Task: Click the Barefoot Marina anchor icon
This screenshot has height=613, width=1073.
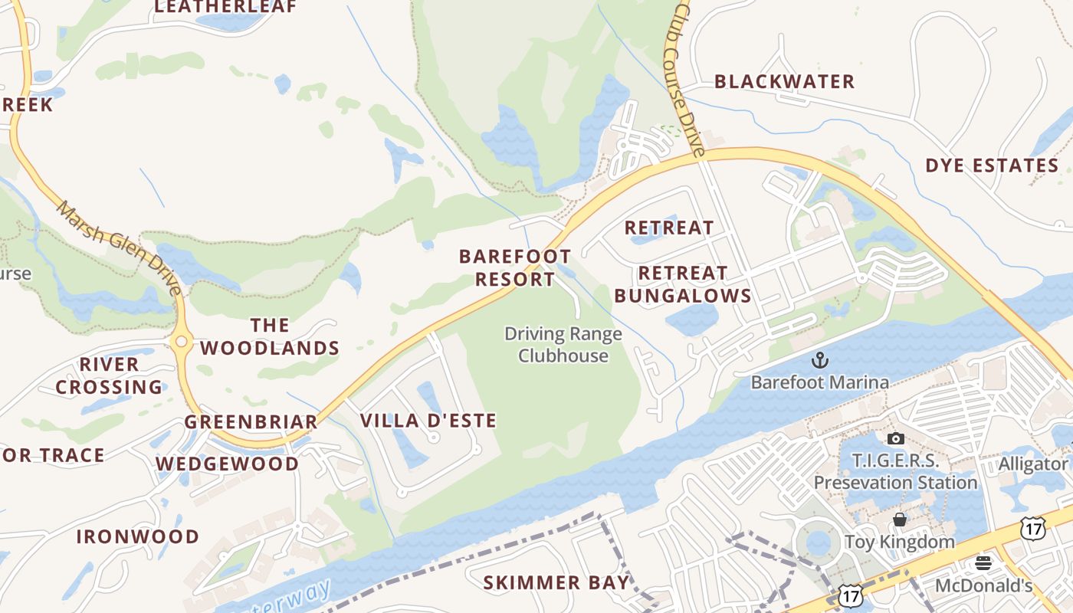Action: pyautogui.click(x=820, y=359)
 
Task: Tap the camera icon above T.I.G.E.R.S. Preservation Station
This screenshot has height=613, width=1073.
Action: pyautogui.click(x=895, y=439)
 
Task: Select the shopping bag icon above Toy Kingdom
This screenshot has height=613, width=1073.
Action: pyautogui.click(x=900, y=520)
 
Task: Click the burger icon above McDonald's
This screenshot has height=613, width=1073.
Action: pyautogui.click(x=983, y=564)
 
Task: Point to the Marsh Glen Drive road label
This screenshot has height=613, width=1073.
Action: pyautogui.click(x=119, y=247)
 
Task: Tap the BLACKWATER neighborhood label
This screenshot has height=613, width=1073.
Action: pyautogui.click(x=784, y=82)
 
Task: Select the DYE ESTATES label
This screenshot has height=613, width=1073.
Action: pyautogui.click(x=992, y=166)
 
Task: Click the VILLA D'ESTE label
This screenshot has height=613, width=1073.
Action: pyautogui.click(x=428, y=421)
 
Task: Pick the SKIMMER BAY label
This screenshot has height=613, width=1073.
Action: pyautogui.click(x=556, y=583)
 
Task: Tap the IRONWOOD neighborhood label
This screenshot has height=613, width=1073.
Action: pyautogui.click(x=137, y=536)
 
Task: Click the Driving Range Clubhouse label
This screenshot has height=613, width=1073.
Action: pyautogui.click(x=563, y=345)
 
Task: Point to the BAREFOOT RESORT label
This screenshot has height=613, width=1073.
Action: pyautogui.click(x=515, y=267)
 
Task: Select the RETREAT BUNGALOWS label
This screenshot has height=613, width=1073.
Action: pyautogui.click(x=682, y=284)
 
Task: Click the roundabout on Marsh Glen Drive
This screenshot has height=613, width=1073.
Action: pyautogui.click(x=182, y=343)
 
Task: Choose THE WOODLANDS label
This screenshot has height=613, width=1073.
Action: pyautogui.click(x=270, y=336)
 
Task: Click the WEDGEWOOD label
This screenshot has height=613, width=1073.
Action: pyautogui.click(x=227, y=464)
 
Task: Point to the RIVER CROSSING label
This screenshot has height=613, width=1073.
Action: pyautogui.click(x=109, y=375)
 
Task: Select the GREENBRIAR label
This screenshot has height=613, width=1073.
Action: pyautogui.click(x=251, y=422)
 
